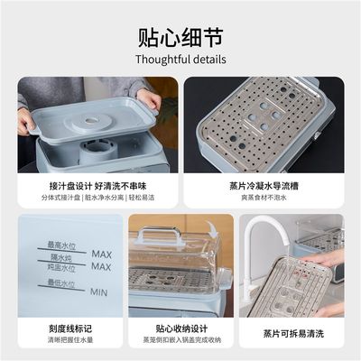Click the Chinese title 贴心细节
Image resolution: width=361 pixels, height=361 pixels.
click(x=180, y=38)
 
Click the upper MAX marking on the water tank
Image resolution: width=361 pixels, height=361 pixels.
click(x=101, y=255)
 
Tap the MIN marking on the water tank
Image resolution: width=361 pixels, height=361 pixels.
click(x=100, y=292)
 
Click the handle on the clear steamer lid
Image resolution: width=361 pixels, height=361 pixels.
click(x=163, y=237)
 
